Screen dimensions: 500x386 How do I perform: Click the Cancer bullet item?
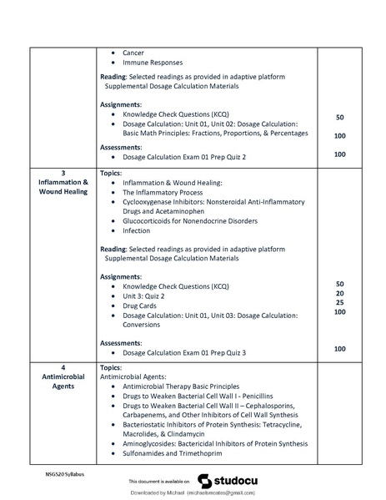[133, 53]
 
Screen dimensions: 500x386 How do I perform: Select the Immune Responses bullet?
[152, 63]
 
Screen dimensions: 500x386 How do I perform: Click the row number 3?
[63, 172]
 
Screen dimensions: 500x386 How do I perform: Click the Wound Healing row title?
[63, 192]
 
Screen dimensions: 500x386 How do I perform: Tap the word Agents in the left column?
[63, 386]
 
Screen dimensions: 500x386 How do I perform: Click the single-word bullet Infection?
[137, 230]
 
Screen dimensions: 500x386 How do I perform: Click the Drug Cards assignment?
[140, 306]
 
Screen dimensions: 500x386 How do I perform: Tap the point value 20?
[339, 293]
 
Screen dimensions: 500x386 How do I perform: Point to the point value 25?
[339, 302]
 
